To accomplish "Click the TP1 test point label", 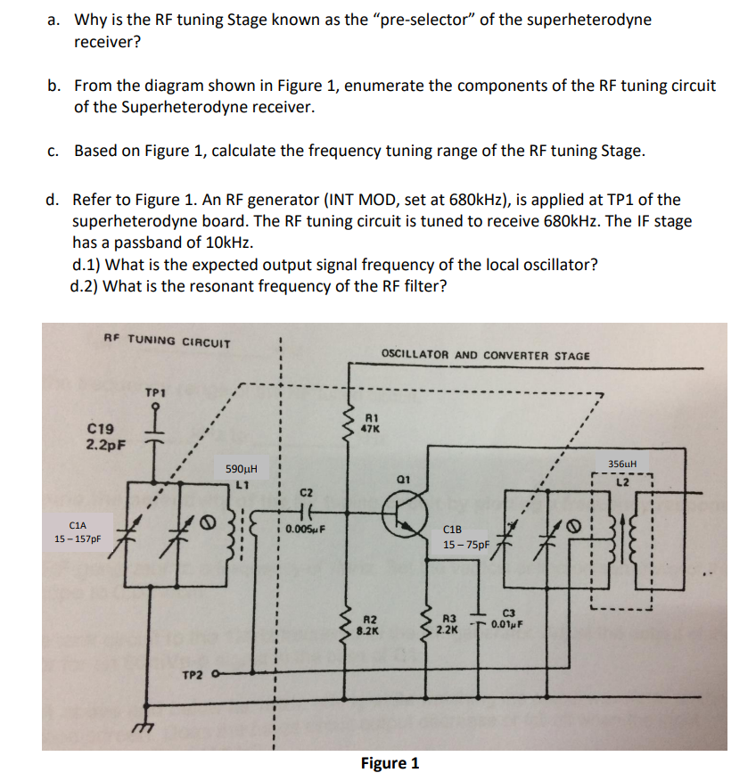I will pos(156,391).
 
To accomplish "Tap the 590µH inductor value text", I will pos(242,470).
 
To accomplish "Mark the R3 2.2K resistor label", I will pos(449,622).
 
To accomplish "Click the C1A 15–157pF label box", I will pos(78,532).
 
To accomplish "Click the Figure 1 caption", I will pos(389,763).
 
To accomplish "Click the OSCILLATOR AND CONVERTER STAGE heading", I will pos(485,355).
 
